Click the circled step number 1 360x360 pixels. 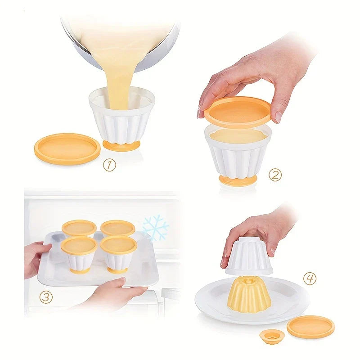coord(109,165)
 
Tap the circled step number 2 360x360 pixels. coord(275,175)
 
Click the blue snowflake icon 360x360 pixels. coord(155,227)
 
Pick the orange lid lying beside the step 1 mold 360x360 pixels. coord(67,148)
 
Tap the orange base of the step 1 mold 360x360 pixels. coord(121,145)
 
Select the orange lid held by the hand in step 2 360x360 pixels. coord(238,112)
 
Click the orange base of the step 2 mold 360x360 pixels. coord(238,180)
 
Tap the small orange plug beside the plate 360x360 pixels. coord(271,336)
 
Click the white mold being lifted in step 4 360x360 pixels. coord(249,257)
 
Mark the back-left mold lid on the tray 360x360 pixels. coord(79,227)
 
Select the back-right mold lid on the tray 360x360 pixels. coord(117,227)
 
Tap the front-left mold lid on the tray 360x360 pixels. coord(79,245)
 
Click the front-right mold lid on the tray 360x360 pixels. coord(118,245)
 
